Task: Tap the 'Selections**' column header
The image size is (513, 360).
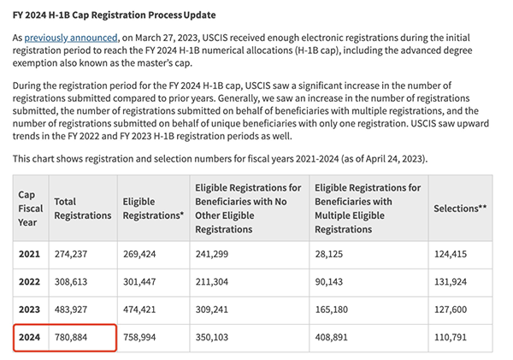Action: coord(460,208)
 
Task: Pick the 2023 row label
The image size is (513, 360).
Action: coord(30,310)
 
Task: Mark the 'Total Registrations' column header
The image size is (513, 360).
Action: coord(82,208)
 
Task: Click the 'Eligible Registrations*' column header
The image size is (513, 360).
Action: coord(153,208)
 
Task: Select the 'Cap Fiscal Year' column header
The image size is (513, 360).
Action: coord(30,208)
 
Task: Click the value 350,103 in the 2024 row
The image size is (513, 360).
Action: coord(216,339)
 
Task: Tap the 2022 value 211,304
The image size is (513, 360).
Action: coord(216,281)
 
